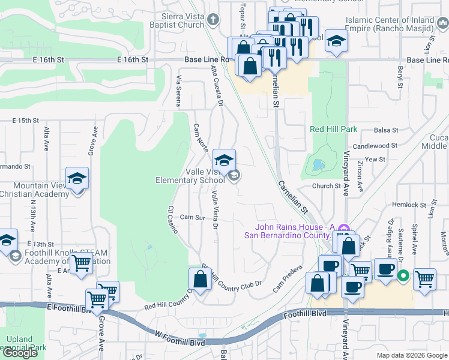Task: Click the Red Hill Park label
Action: click(333, 129)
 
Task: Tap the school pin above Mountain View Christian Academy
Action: click(77, 178)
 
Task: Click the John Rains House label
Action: click(293, 230)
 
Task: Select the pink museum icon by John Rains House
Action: click(343, 228)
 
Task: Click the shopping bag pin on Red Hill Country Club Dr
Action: click(200, 279)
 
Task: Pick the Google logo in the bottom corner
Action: click(20, 353)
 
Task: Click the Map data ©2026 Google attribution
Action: click(412, 356)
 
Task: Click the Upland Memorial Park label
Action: click(23, 344)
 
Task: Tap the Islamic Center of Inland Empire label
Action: click(390, 24)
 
